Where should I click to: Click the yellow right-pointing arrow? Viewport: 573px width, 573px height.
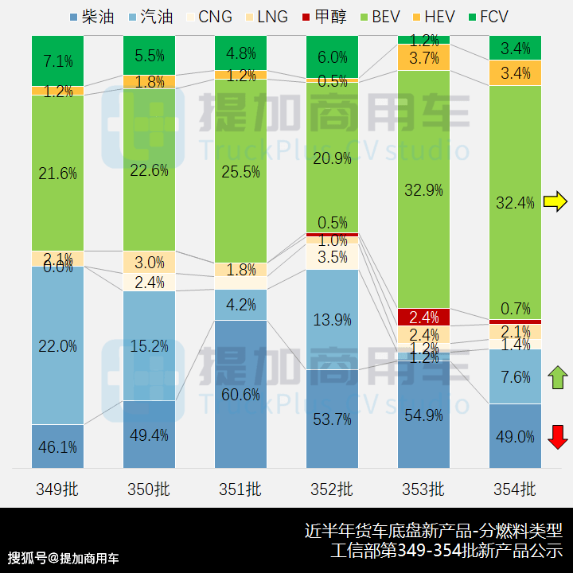555,202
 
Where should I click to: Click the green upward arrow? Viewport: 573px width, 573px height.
558,377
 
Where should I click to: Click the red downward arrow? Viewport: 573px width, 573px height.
558,436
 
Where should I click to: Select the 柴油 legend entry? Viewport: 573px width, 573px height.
92,17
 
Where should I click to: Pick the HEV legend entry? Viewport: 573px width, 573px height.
433,17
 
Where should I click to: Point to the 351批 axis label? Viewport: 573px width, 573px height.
240,489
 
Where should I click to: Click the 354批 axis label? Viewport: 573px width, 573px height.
515,489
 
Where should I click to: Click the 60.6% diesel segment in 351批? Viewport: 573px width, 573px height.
240,394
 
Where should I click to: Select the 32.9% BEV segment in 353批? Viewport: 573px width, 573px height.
423,189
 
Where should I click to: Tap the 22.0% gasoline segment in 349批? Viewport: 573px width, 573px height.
58,345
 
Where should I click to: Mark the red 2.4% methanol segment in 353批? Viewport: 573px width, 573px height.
423,317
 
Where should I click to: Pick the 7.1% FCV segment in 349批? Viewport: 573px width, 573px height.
58,60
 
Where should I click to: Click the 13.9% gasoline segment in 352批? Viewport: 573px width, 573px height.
332,319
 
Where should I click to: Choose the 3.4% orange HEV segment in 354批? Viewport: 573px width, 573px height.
515,73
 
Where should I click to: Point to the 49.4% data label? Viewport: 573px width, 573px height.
150,435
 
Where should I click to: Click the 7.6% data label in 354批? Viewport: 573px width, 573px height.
516,377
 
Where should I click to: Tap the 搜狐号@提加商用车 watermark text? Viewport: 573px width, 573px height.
64,557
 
